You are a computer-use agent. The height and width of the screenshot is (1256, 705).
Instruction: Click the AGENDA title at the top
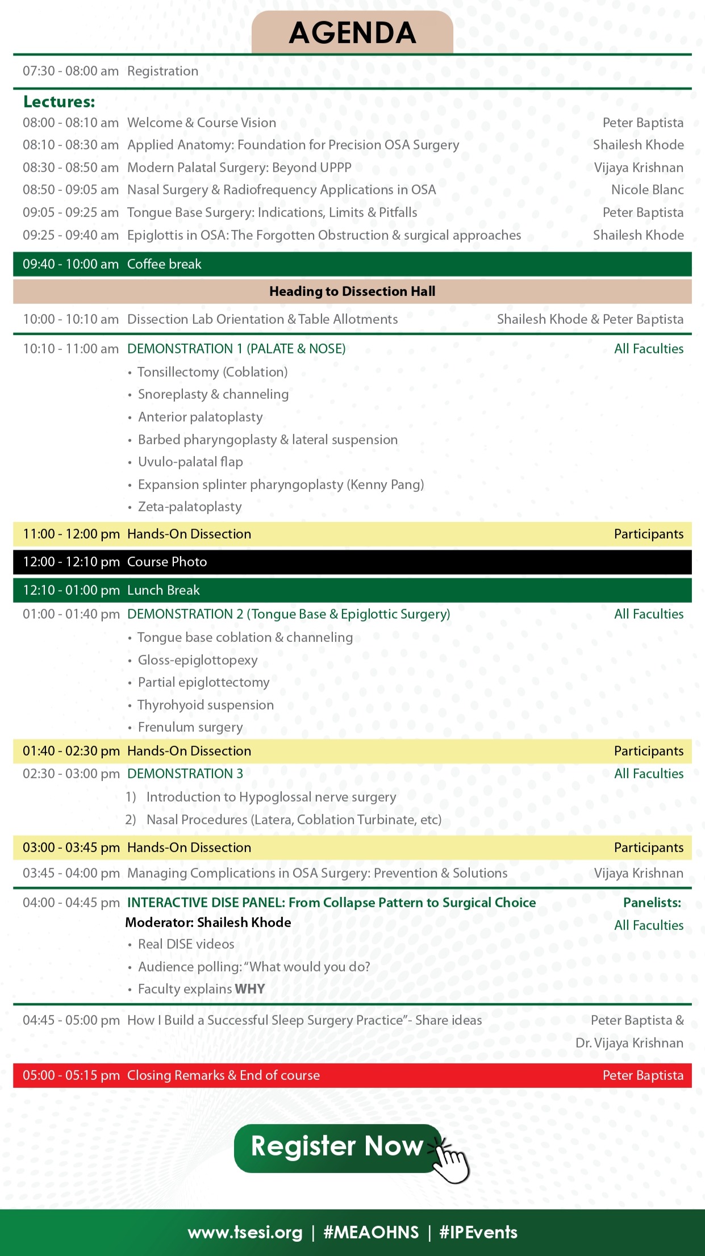[352, 33]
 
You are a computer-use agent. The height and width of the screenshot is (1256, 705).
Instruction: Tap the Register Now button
[336, 1146]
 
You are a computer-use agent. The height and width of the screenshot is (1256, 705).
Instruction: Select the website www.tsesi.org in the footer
[245, 1232]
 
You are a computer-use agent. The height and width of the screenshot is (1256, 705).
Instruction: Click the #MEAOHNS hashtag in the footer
[370, 1232]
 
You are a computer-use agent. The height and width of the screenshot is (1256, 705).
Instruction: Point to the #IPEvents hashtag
[478, 1232]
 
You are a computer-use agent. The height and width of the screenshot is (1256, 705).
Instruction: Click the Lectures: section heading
[59, 102]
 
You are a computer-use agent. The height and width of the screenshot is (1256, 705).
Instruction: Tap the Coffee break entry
[164, 264]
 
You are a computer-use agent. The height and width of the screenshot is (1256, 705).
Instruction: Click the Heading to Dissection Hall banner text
[352, 291]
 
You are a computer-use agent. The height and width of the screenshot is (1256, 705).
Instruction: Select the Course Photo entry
[167, 562]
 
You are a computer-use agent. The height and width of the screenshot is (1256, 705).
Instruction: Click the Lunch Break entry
[164, 590]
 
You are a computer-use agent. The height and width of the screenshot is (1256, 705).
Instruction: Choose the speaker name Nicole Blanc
[647, 190]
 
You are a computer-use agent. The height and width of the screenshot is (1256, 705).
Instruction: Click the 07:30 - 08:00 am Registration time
[70, 71]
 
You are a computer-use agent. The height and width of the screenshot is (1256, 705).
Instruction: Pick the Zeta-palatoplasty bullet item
[190, 507]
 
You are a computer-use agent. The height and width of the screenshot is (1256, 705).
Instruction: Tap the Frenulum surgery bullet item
[190, 727]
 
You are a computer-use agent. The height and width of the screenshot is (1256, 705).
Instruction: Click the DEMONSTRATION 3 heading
[185, 774]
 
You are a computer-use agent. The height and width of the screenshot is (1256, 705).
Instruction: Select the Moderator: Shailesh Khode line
[208, 923]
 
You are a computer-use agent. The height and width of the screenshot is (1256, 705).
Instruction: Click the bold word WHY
[250, 989]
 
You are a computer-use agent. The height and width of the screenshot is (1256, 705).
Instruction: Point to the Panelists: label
[652, 903]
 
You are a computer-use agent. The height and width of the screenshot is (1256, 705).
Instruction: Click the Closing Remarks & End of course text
[223, 1075]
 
